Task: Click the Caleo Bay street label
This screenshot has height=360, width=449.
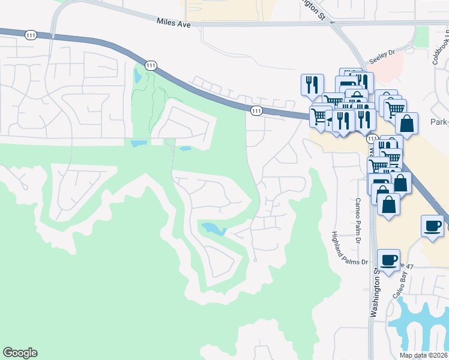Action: click(400, 284)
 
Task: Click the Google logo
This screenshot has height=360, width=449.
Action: click(20, 353)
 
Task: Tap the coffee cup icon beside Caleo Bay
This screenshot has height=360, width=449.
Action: click(388, 260)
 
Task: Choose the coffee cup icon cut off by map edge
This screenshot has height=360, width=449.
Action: click(433, 226)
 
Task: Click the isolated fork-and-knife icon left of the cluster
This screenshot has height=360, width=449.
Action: click(312, 85)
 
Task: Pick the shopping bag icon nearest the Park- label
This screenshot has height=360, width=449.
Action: click(406, 123)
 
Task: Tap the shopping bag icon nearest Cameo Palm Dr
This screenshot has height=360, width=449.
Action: click(389, 205)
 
